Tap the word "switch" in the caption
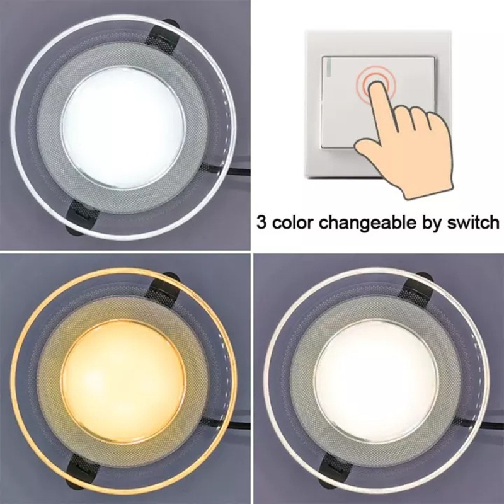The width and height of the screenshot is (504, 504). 474,222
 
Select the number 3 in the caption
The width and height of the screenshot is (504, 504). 261,222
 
